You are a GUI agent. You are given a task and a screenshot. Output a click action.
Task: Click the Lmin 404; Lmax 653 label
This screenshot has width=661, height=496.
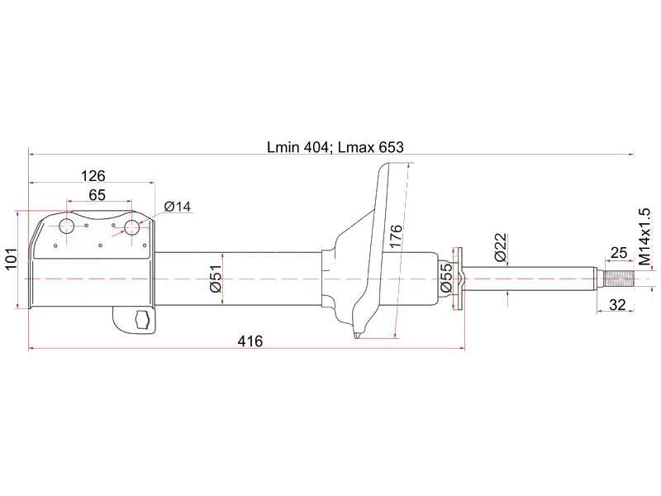tap(335, 147)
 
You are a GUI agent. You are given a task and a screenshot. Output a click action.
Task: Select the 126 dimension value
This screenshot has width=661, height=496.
tap(93, 176)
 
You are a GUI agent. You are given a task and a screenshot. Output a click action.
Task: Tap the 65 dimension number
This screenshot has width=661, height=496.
tap(97, 195)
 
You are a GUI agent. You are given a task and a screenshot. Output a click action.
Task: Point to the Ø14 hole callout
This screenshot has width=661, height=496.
tap(177, 207)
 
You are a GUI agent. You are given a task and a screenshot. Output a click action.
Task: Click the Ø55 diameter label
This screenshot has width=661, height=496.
tap(446, 278)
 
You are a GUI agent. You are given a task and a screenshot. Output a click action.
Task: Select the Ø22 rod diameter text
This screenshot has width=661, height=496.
tap(500, 247)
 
